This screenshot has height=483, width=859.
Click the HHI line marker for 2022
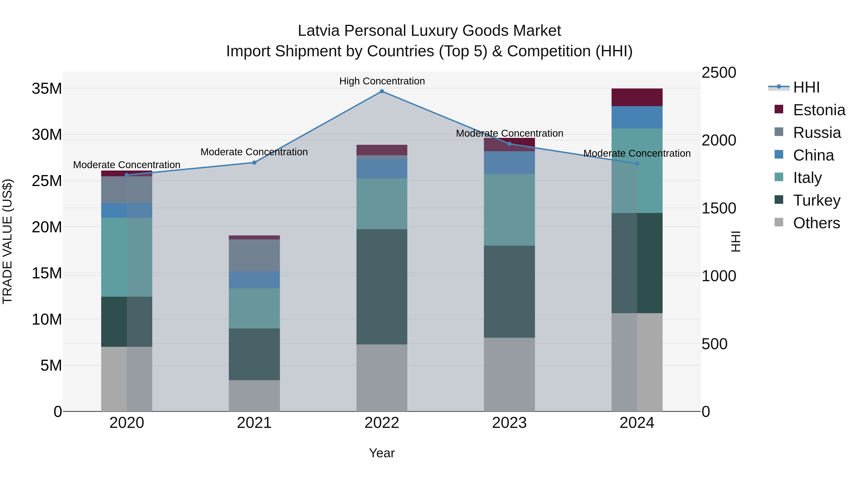pos(382,91)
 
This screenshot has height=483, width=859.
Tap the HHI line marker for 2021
pos(254,163)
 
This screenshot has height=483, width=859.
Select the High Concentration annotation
pos(382,81)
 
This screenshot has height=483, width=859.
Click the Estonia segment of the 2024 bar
pos(637,97)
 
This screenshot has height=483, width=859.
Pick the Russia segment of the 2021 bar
pos(254,255)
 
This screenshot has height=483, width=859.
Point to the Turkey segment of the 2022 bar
pos(382,287)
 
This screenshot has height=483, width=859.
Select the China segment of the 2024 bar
pos(637,117)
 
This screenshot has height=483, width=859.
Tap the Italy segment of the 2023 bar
pos(509,210)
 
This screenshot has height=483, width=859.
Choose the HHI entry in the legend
pos(806,87)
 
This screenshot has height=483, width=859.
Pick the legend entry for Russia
pos(817,133)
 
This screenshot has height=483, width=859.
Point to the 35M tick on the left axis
pos(47,89)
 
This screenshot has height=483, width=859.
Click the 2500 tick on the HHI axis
pos(719,73)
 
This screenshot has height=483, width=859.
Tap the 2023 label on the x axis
pos(509,423)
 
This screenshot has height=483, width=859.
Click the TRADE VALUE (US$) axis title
pos(7,241)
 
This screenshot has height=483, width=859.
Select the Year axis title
pos(382,453)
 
